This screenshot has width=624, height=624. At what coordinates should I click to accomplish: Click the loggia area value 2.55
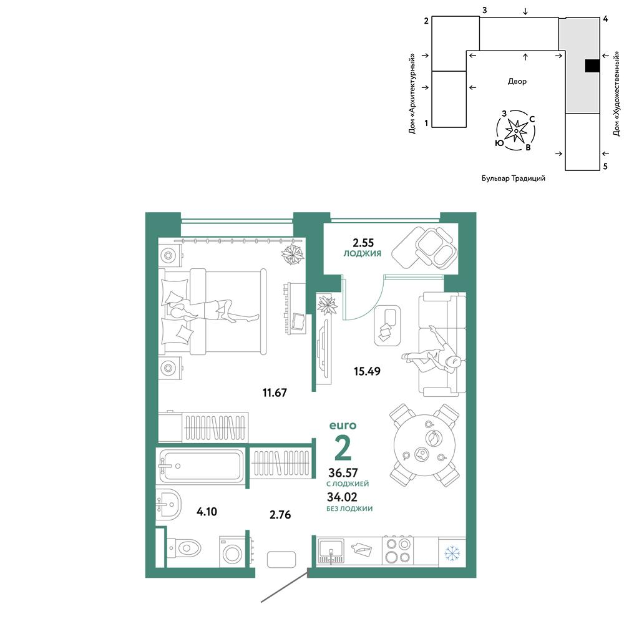(363, 243)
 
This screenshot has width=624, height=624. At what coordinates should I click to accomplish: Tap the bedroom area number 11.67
(275, 392)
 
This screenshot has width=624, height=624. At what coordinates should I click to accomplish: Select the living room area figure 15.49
(367, 371)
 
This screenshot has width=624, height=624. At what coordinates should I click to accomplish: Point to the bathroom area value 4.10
(207, 512)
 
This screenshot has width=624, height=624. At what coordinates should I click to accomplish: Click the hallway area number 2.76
(280, 515)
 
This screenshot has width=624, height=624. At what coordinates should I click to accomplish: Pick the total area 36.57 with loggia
(343, 473)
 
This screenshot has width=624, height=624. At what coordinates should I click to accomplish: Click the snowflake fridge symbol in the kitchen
(452, 553)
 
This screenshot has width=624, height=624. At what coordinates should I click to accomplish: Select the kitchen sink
(331, 552)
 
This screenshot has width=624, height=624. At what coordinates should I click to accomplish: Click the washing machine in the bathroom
(232, 552)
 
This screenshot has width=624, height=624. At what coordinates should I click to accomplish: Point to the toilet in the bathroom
(183, 548)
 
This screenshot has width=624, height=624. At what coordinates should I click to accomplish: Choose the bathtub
(201, 466)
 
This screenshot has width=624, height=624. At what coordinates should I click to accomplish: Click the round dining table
(424, 446)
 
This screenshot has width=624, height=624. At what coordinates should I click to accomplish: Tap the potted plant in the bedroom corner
(293, 254)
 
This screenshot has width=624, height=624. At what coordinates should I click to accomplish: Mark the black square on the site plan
(592, 66)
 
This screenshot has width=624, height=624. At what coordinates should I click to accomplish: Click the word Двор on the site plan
(517, 81)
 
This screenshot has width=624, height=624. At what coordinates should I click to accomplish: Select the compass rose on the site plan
(516, 130)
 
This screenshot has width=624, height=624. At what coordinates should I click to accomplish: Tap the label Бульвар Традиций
(514, 178)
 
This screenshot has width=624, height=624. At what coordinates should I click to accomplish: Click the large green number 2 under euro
(343, 447)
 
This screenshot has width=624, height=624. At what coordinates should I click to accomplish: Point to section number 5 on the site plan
(605, 167)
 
